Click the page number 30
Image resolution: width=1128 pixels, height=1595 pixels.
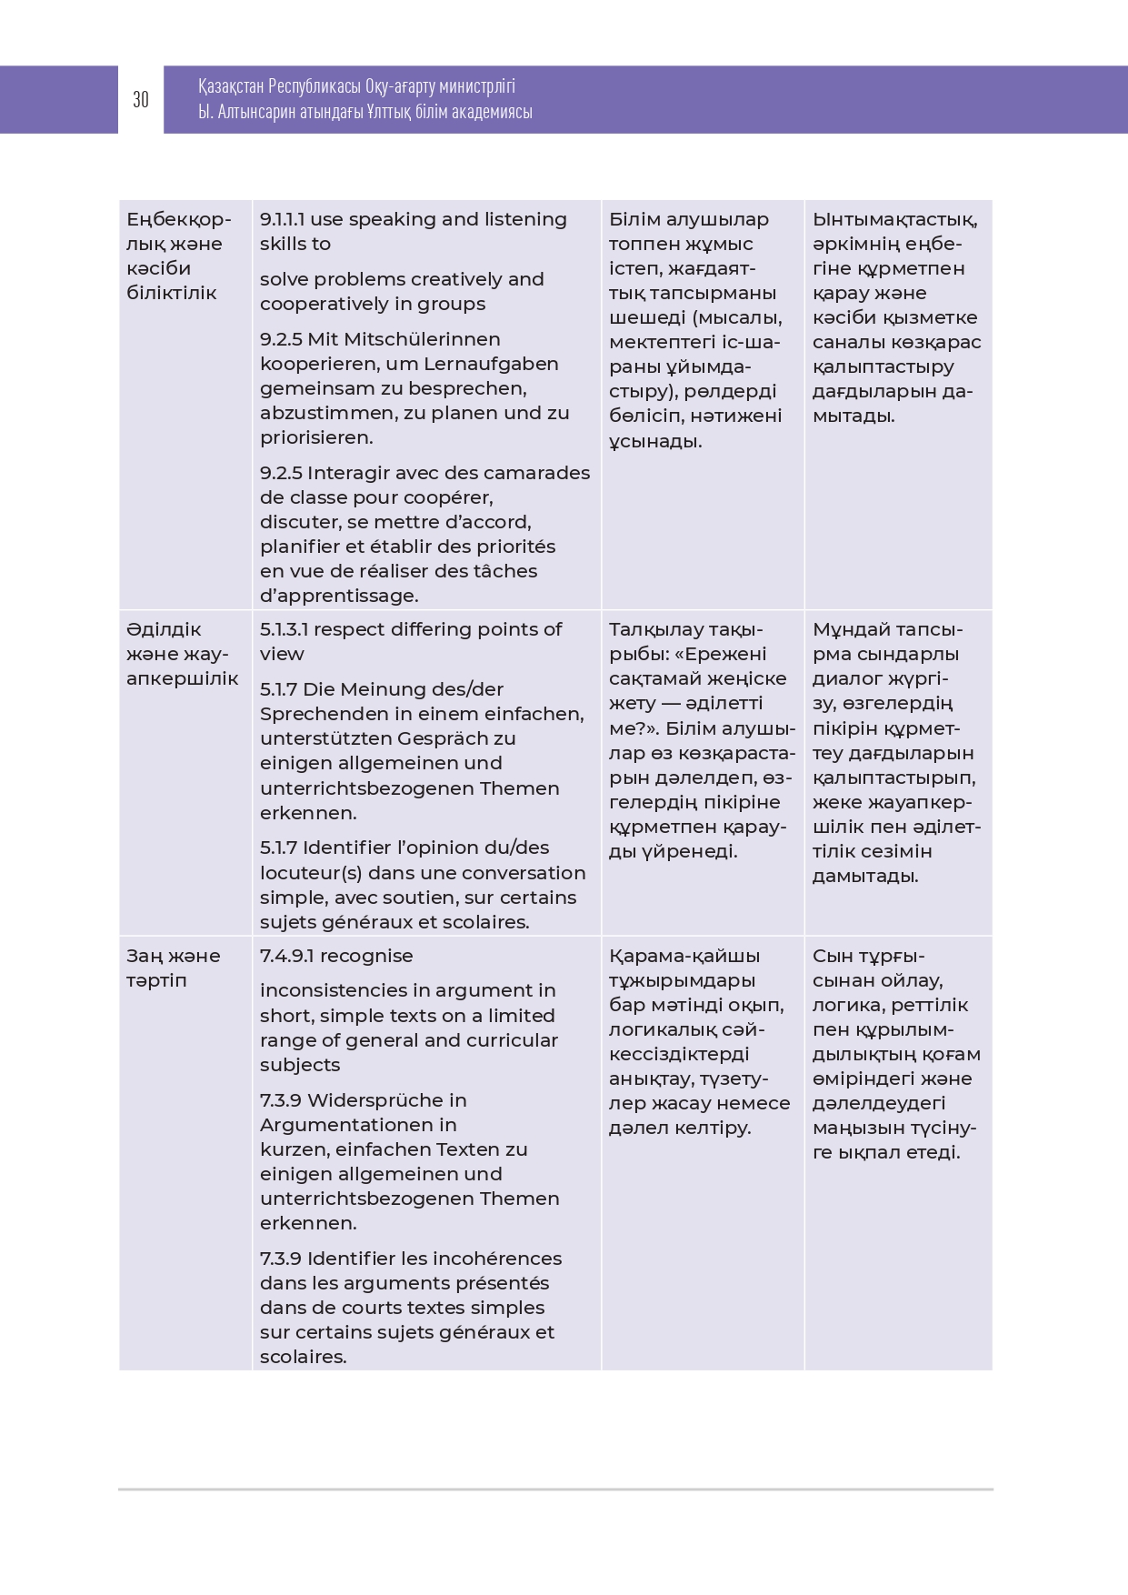[x=141, y=100]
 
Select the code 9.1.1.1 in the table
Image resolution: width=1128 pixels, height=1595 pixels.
[x=283, y=219]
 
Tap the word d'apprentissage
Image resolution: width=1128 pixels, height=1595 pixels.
[x=339, y=596]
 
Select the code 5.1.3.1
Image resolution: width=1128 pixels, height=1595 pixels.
[x=284, y=629]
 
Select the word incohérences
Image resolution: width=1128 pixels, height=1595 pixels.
[x=499, y=1259]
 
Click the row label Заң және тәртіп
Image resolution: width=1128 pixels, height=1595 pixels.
[x=173, y=968]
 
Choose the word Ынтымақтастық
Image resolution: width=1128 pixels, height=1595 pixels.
[x=894, y=219]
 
